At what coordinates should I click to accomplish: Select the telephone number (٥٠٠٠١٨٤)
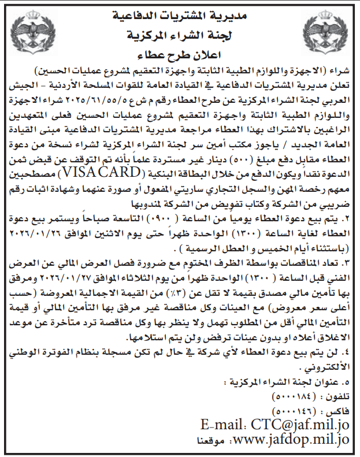pyautogui.click(x=292, y=397)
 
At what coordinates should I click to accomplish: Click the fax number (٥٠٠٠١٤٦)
pyautogui.click(x=292, y=411)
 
